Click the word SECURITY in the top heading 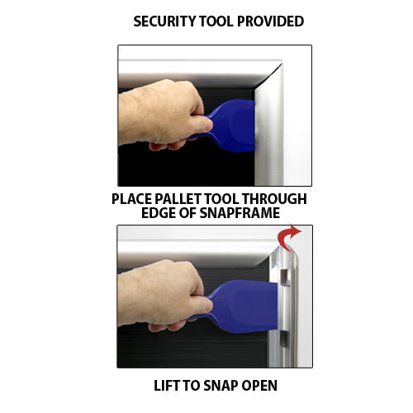coord(166,21)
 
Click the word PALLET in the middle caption coord(183,199)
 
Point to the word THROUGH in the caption coord(276,199)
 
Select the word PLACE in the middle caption coord(131,199)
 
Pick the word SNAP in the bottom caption coord(219,385)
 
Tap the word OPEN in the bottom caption coord(259,385)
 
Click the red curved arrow coord(288,238)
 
